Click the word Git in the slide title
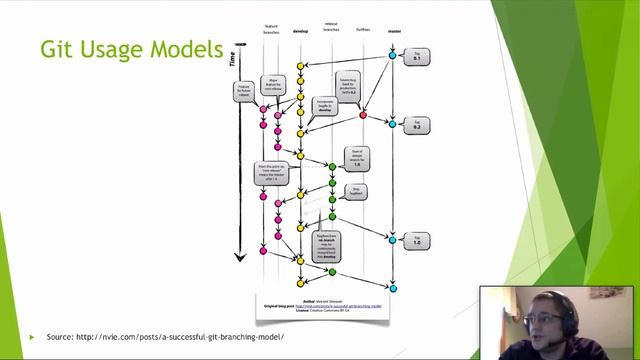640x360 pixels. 55,49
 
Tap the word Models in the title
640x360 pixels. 189,49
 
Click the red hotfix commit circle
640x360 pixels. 363,115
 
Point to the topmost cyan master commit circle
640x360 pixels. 392,54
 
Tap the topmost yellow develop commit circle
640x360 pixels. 300,66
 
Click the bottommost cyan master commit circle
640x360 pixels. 392,288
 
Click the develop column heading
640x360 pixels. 300,31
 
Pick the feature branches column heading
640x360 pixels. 271,31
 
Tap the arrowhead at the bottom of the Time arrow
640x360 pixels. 240,257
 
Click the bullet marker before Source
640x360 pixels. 32,337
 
